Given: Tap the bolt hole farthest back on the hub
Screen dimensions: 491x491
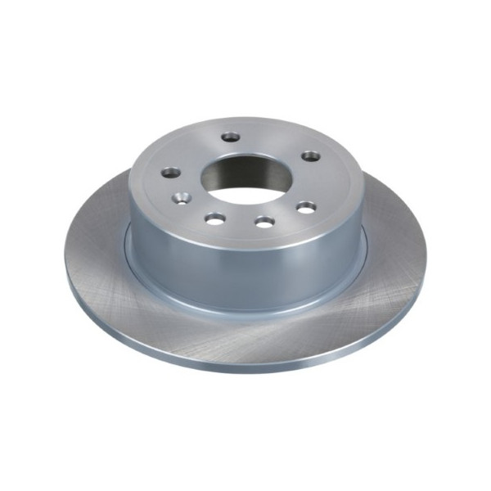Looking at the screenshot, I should [x=232, y=136].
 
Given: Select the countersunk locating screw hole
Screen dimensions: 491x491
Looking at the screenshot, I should [x=182, y=198].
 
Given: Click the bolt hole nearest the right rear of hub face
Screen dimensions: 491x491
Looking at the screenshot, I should [x=310, y=155].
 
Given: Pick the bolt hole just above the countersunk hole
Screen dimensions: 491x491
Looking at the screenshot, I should [x=171, y=173].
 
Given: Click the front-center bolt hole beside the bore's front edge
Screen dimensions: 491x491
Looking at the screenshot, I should [x=264, y=221].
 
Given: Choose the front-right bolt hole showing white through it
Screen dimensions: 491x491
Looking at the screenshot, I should [x=306, y=207].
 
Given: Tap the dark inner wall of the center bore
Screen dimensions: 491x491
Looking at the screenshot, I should [x=245, y=164].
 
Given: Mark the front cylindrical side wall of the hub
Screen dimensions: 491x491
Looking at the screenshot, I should [x=245, y=270].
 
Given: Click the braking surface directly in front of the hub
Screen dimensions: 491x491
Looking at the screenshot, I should [x=245, y=340].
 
